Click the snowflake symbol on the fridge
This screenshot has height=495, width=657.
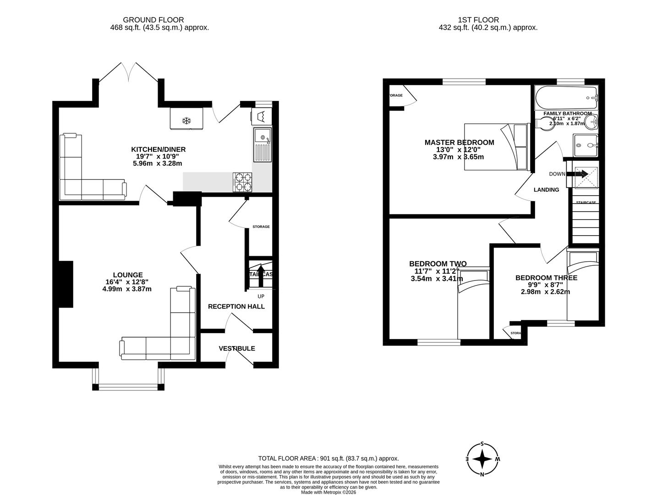coord(186,121)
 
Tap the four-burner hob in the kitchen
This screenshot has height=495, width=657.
coord(243,182)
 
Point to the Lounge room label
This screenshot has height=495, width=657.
coord(128,275)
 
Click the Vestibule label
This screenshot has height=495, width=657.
coord(237,348)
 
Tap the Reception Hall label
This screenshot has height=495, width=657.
coord(236,306)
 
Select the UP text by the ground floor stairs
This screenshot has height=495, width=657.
coord(261,296)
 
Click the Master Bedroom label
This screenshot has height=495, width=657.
coord(459,143)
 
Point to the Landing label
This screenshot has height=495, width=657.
coord(546,190)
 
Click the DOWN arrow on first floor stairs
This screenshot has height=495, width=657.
coord(578,174)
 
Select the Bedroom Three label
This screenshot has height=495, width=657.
coord(546,278)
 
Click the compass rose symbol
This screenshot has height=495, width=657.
coord(482,459)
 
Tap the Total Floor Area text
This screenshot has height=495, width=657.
coord(328,458)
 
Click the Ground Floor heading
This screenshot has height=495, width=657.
coord(153,20)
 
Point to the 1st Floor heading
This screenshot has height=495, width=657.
coord(478,20)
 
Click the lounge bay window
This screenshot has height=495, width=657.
coord(128,387)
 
